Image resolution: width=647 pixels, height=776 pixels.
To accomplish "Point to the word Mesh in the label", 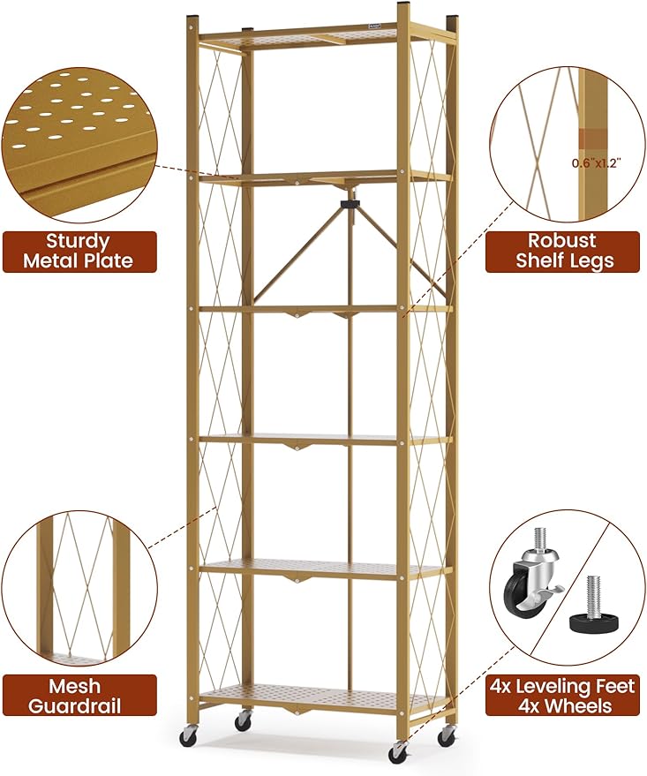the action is [x=73, y=687].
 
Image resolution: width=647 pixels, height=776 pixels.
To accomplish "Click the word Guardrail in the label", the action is [x=75, y=706].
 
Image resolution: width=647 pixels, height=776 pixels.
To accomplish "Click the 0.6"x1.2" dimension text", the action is [x=597, y=163].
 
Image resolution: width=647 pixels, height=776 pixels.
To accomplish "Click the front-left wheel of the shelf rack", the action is [x=187, y=737].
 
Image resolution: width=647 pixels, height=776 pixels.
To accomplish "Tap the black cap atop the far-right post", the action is [x=453, y=22].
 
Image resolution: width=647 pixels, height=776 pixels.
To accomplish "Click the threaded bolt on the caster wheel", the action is [x=538, y=539].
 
